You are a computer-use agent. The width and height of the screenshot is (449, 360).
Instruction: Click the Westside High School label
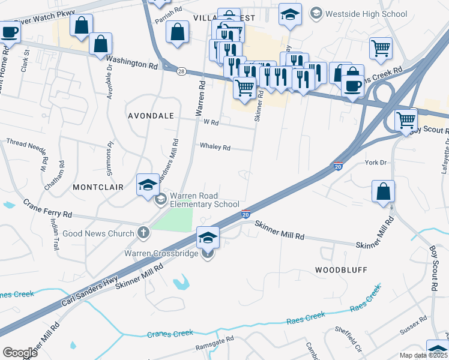[366, 14]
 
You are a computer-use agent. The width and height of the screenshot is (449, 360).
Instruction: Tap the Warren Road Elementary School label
[205, 200]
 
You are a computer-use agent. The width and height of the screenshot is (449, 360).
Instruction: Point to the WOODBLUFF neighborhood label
[341, 270]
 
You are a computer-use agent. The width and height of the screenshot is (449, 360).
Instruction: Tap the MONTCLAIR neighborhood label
[98, 187]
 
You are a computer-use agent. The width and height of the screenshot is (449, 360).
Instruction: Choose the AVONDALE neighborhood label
[150, 115]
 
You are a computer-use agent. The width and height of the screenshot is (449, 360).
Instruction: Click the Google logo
[20, 352]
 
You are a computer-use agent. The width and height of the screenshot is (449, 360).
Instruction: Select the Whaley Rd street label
[215, 146]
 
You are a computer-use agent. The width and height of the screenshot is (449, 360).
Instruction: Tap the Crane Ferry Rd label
[48, 209]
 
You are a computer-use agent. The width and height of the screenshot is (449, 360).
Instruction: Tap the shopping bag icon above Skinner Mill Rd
[383, 192]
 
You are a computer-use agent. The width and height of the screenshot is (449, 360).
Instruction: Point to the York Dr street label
[376, 163]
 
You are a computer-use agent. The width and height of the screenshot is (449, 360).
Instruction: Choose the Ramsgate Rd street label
[214, 347]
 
